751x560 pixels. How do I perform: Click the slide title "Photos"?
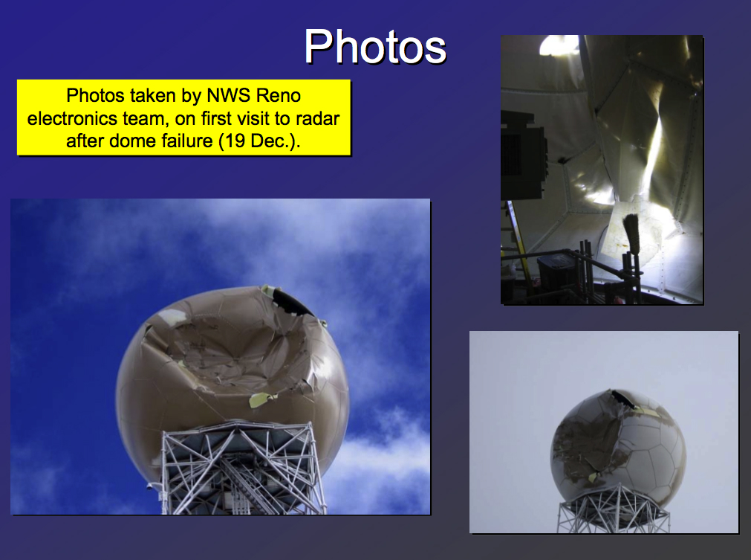(x=375, y=47)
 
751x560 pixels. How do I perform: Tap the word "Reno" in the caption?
(x=279, y=95)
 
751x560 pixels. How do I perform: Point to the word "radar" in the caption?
(x=317, y=118)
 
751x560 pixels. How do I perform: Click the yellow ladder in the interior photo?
(x=516, y=239)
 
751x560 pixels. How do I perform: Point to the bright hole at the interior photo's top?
(x=559, y=45)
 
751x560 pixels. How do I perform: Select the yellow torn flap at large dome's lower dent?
(x=262, y=399)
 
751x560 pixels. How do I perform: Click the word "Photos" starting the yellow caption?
(x=95, y=95)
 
